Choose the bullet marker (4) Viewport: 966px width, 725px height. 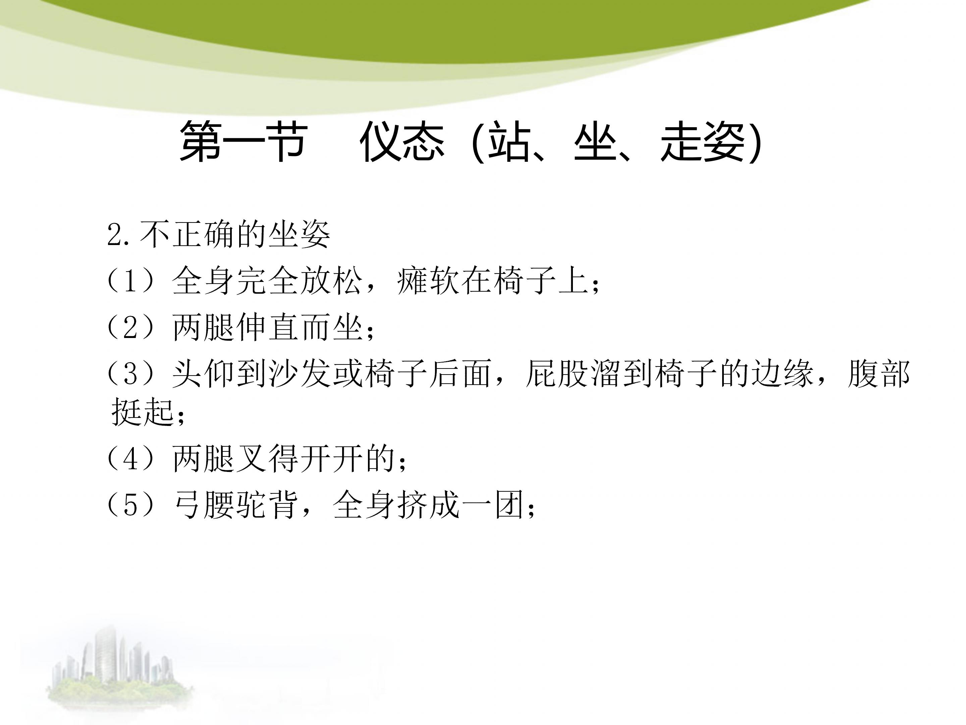pos(131,459)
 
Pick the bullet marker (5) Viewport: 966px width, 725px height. pos(131,505)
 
